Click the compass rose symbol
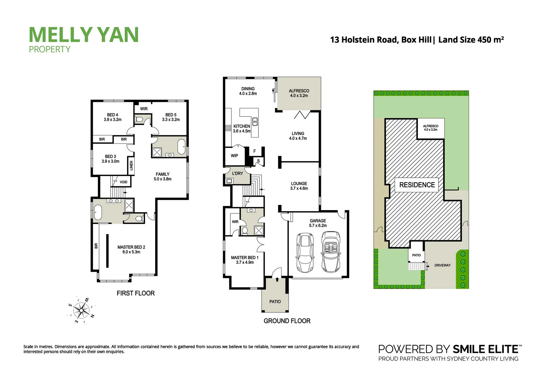[81, 310]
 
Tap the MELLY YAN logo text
[84, 35]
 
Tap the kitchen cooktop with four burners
[228, 128]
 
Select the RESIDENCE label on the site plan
[417, 185]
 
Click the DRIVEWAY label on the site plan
[442, 265]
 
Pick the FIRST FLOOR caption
[135, 293]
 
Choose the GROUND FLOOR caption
[287, 321]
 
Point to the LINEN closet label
[132, 165]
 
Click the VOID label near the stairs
[123, 182]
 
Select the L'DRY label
[238, 173]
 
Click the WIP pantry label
[234, 156]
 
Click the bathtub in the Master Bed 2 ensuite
[97, 212]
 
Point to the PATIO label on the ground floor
[275, 302]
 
